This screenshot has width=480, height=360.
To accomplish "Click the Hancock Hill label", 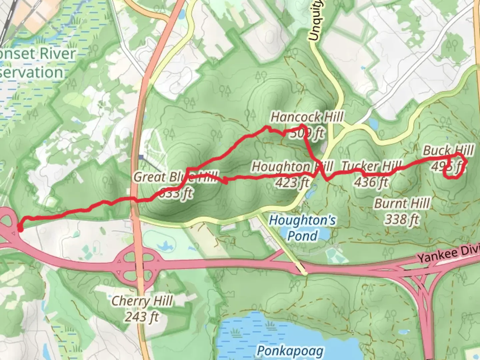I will [x=307, y=117].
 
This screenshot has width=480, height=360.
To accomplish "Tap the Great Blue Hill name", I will [x=176, y=177].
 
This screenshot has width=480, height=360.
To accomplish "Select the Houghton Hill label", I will [x=292, y=166].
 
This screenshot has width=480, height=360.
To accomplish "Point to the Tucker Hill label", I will [x=371, y=166].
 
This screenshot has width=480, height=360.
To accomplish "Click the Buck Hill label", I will [x=448, y=150].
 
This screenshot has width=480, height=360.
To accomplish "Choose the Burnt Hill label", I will [x=402, y=203].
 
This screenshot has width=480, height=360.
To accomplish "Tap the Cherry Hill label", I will [x=142, y=301].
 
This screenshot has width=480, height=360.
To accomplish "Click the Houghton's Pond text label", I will [x=302, y=228].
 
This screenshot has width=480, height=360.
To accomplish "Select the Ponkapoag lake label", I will [x=290, y=351].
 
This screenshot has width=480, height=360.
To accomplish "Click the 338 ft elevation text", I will [x=402, y=220].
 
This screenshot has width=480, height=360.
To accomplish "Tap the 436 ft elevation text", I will [x=371, y=182].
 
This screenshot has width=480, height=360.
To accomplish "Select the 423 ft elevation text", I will [x=292, y=182].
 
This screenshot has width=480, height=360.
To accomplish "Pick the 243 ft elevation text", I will [x=142, y=317].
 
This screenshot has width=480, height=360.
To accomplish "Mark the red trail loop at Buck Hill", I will [x=454, y=169].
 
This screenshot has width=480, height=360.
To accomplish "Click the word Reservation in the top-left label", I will [x=31, y=72].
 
